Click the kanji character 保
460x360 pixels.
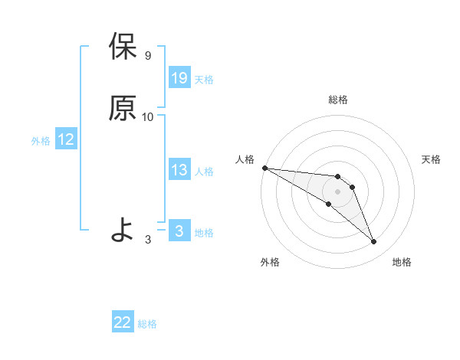point(123,47)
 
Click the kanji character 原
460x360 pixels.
point(123,108)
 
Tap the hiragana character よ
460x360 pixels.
point(123,229)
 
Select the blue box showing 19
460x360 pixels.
point(179,77)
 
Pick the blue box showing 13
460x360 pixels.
point(179,170)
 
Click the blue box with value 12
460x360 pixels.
point(66,139)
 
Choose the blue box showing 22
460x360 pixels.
point(123,322)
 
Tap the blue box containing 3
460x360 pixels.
point(179,231)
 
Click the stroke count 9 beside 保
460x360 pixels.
point(148,56)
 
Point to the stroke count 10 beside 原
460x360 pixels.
point(148,117)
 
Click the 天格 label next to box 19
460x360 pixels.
point(204,79)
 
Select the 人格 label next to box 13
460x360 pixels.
point(204,172)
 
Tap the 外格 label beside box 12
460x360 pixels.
point(41,141)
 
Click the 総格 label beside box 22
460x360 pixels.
point(147,324)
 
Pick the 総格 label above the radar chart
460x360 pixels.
point(338,100)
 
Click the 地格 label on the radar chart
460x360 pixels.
point(402,262)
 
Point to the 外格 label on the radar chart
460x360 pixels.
point(270,262)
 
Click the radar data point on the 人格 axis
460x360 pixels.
point(264,168)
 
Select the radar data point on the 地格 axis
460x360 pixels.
point(373,241)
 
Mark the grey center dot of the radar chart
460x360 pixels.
point(337,191)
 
